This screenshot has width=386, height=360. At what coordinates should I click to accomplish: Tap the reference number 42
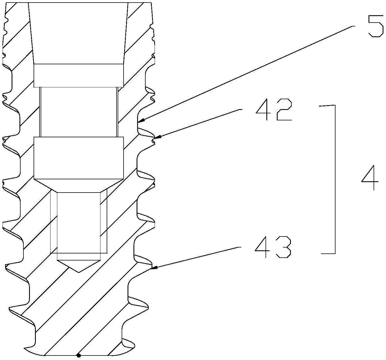point(273,110)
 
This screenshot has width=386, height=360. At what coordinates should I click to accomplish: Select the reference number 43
point(273,247)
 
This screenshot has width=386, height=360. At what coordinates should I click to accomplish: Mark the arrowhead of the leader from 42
point(157,137)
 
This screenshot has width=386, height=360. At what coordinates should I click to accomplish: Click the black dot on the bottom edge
point(79,355)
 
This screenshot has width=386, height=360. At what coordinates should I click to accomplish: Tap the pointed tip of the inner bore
point(79,272)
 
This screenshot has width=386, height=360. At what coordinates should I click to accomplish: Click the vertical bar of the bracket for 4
point(335,179)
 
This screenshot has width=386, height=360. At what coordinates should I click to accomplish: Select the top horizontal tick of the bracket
point(327,106)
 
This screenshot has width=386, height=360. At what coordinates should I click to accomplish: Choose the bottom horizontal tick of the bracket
point(328,253)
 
